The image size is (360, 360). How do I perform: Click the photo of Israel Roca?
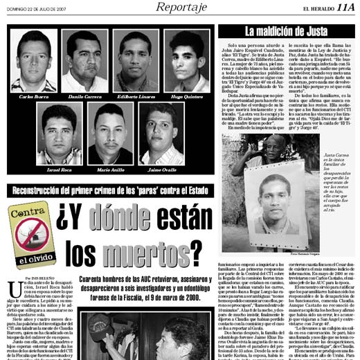[58, 132]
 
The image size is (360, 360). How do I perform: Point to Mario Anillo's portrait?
[110, 132]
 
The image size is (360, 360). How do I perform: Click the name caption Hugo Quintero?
[187, 96]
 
